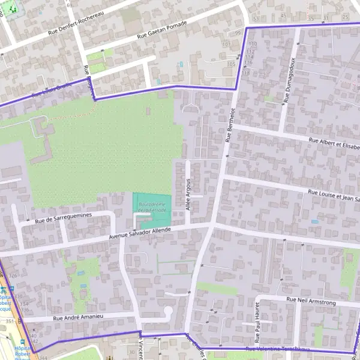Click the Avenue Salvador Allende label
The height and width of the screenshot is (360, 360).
[141, 235]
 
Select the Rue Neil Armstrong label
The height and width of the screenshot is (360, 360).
[311, 301]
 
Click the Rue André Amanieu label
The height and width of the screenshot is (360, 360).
[79, 317]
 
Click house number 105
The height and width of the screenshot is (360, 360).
[231, 64]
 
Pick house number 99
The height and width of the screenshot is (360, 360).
[238, 33]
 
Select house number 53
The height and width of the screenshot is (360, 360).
[256, 19]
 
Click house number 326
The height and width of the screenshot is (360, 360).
[13, 275]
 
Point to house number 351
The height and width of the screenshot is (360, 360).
[9, 322]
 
